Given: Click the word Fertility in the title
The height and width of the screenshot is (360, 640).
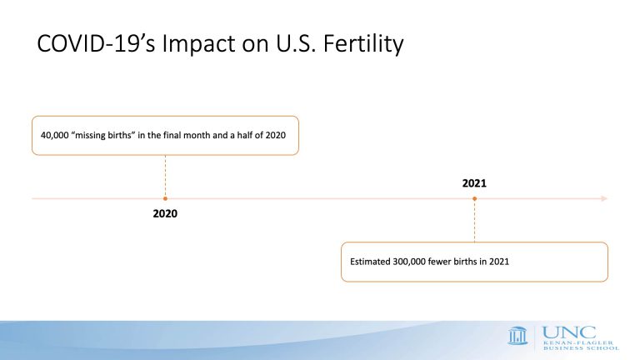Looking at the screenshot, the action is pos(363,43).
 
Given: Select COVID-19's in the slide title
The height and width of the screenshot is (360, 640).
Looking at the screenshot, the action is pos(96,43).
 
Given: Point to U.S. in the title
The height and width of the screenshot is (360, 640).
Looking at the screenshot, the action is pos(296,43).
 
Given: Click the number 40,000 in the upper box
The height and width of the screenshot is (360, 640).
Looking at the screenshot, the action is pos(55,136).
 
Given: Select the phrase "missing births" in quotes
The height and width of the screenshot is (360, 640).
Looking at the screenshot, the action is pos(103,135).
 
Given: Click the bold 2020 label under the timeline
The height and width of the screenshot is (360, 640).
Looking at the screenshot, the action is pos(165,213).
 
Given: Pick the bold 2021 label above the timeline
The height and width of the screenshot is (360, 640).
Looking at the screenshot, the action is pos(474,183).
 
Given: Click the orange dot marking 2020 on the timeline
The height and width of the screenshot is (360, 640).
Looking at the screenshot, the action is pos(165,199).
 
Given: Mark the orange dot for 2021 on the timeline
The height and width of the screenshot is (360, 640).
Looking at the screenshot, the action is pos(474,199).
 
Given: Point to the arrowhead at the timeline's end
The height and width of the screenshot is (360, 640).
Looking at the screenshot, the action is pos(604,199).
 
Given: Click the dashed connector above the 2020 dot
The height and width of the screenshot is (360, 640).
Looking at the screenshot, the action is pos(165,176).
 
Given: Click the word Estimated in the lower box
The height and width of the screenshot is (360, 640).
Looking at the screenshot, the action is pos(370,262).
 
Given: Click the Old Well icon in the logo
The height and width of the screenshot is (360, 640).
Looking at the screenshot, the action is pos(518,336).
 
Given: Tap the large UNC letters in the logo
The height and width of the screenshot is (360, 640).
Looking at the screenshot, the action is pos(569,332).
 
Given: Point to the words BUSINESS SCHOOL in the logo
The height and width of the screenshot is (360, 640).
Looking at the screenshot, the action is pos(581,348).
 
